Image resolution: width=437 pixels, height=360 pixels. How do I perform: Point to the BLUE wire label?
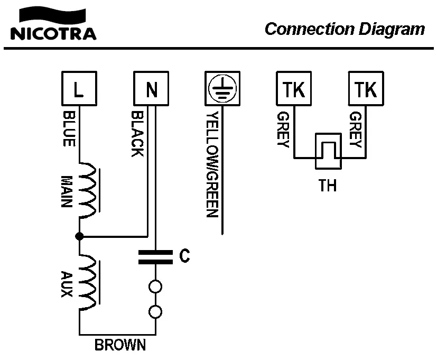(x=69, y=128)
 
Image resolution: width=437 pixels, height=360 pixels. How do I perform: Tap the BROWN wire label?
(x=120, y=346)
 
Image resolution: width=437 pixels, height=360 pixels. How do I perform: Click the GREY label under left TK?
(x=282, y=130)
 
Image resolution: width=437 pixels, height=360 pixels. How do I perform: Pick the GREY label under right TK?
(x=355, y=130)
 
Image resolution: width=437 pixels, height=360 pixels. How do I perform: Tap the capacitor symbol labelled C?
(x=155, y=257)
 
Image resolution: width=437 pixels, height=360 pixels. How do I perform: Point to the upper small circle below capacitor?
(x=155, y=287)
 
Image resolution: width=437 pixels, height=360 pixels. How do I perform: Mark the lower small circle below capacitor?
(x=155, y=312)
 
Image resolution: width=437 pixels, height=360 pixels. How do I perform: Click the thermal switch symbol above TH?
(x=329, y=151)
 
